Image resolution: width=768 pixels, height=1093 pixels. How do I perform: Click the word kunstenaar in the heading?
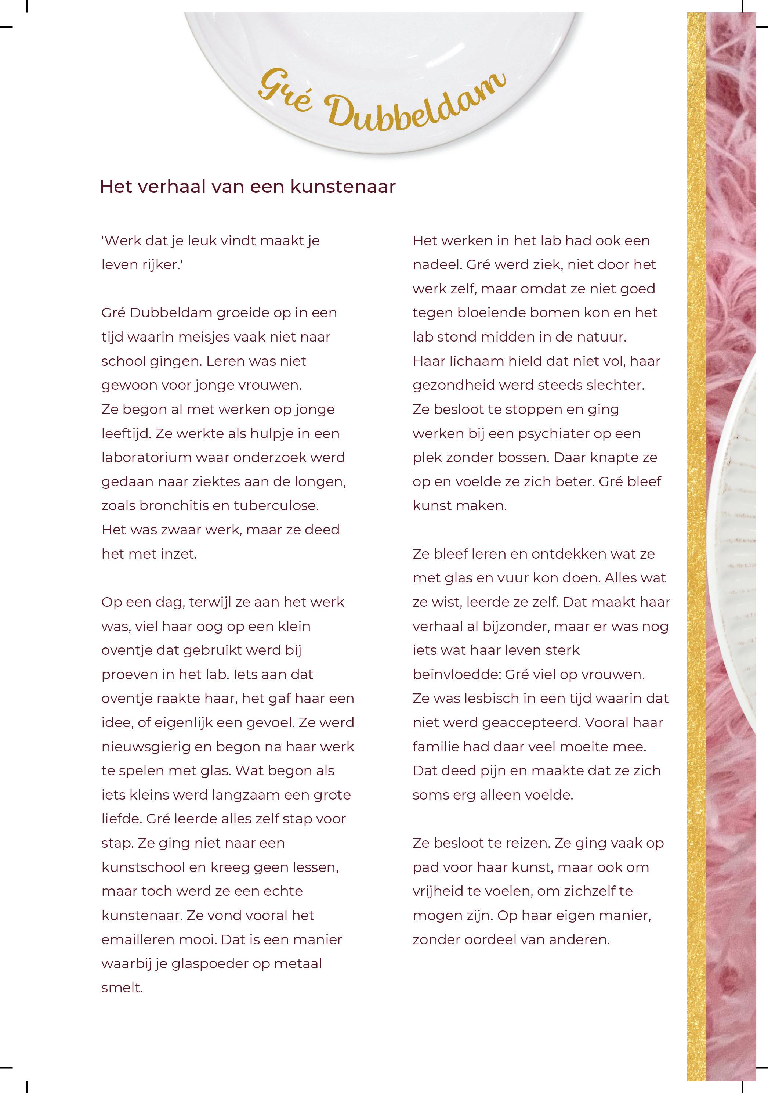[x=343, y=187]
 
